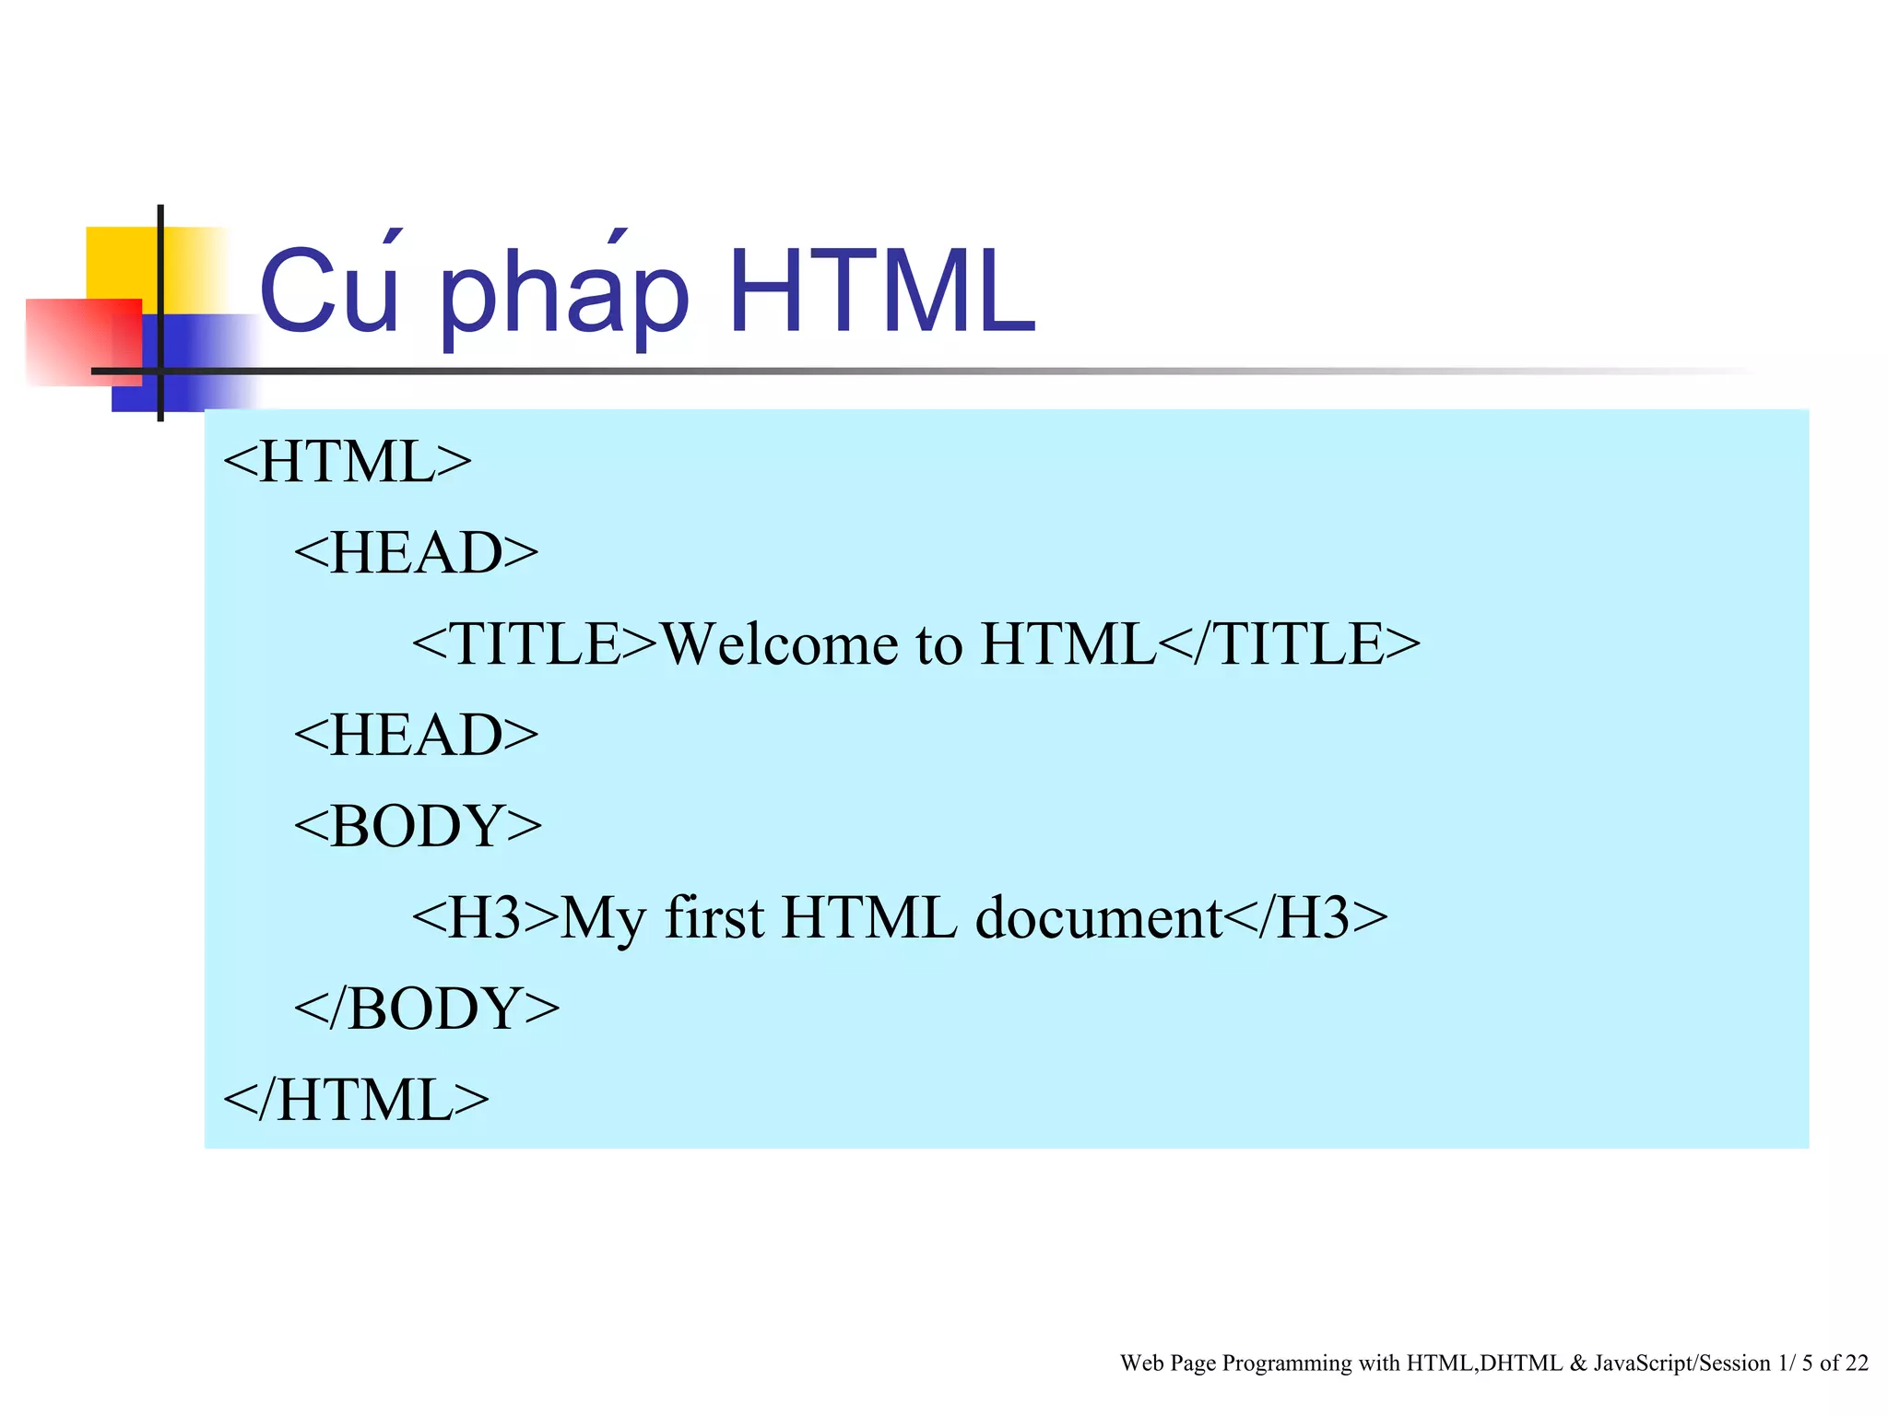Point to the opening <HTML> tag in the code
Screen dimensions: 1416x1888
click(347, 461)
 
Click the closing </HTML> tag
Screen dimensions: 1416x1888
click(356, 1099)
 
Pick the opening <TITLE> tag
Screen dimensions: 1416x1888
click(535, 643)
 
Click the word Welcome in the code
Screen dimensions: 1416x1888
click(779, 643)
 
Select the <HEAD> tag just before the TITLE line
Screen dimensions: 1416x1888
click(416, 552)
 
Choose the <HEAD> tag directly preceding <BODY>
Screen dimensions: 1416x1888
click(416, 735)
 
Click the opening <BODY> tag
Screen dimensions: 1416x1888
click(418, 825)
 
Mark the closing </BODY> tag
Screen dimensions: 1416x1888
click(427, 1008)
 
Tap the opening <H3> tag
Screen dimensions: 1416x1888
click(486, 917)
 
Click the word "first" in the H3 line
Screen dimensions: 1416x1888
click(714, 917)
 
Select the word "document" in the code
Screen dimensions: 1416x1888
click(1099, 917)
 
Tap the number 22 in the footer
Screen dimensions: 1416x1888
click(1857, 1363)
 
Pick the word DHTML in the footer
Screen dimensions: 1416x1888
click(1521, 1363)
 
